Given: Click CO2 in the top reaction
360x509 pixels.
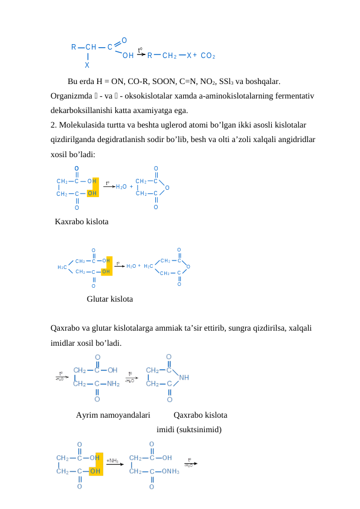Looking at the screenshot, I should (208, 56).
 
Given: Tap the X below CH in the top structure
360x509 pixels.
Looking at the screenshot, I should (87, 65).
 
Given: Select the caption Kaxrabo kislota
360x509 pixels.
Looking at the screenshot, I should (82, 222).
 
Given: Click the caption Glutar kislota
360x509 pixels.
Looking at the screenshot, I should (110, 299).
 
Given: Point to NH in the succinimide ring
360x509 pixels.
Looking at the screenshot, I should (184, 377).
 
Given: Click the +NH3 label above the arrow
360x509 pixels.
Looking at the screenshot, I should (112, 461).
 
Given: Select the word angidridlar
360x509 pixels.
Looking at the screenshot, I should (294, 139).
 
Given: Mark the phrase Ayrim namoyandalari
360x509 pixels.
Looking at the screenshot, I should (113, 415).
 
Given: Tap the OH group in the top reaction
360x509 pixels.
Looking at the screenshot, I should (127, 56).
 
